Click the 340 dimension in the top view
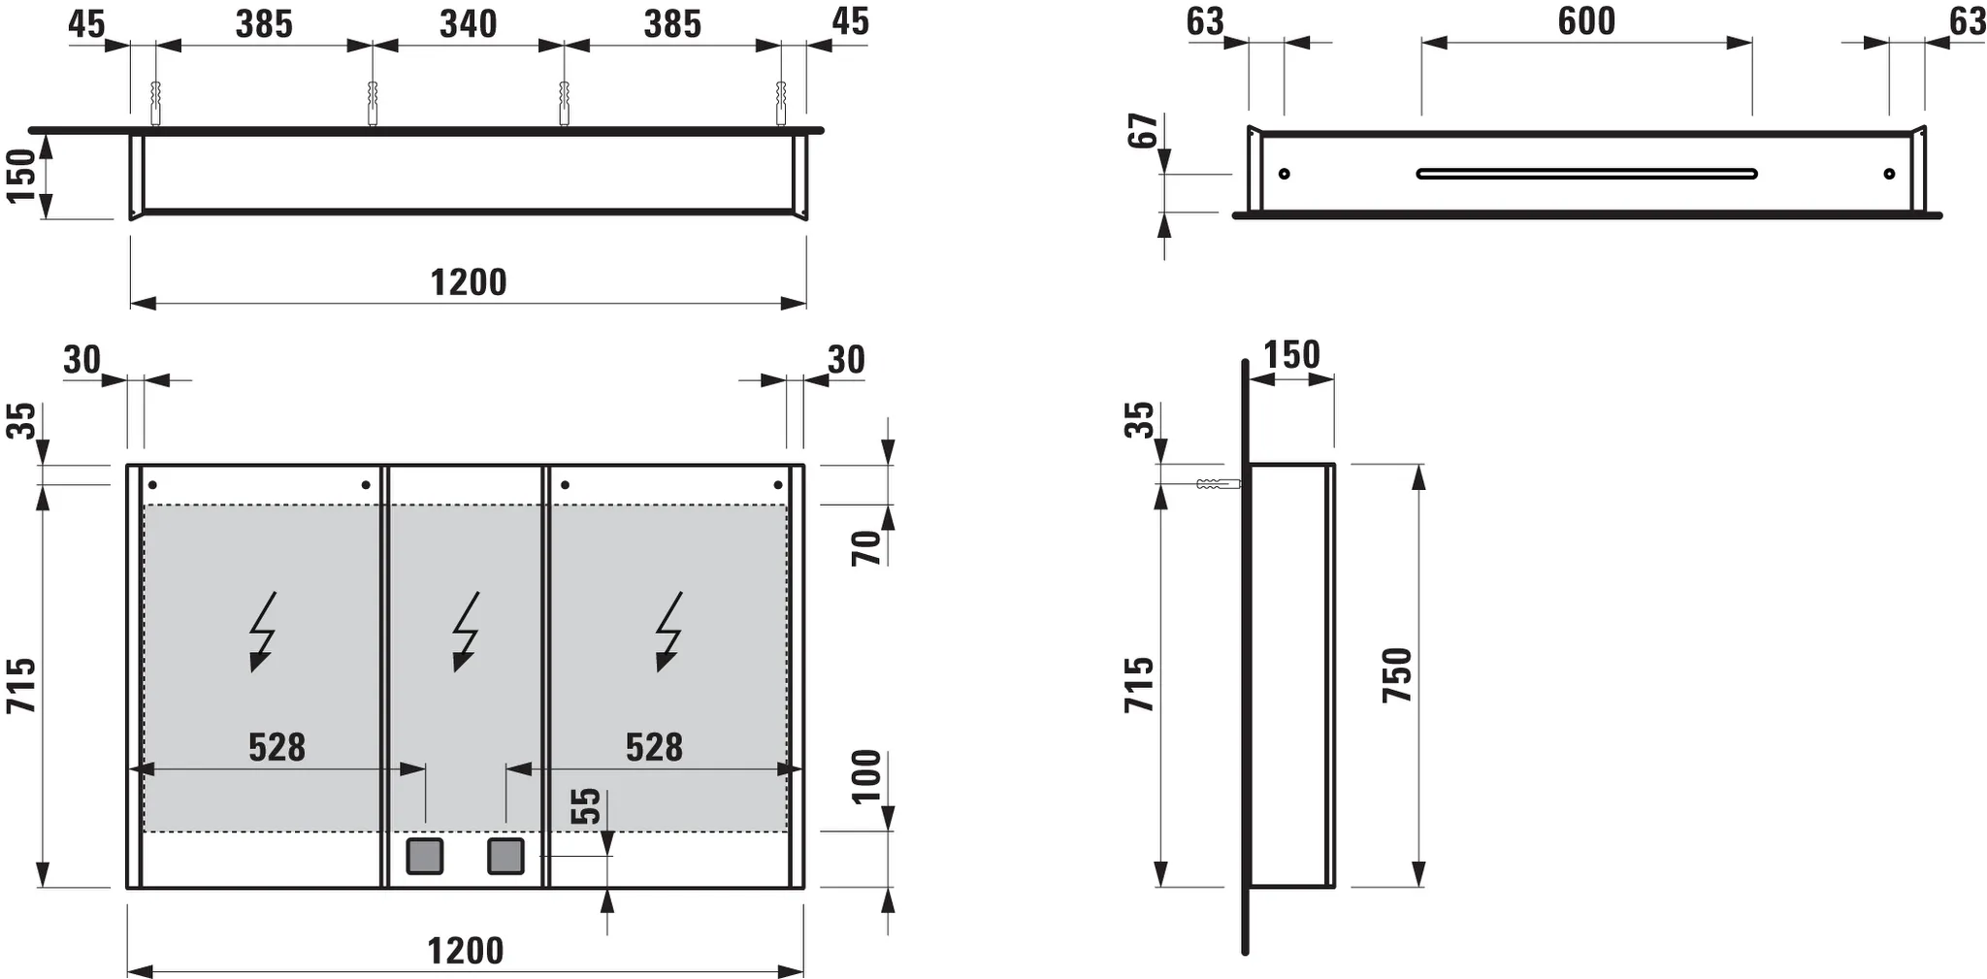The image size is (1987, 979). pyautogui.click(x=469, y=24)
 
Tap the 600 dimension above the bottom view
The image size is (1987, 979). pyautogui.click(x=1586, y=21)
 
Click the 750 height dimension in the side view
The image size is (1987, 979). pyautogui.click(x=1398, y=675)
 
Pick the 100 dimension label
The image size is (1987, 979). pyautogui.click(x=866, y=776)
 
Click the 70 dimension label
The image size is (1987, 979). pyautogui.click(x=866, y=548)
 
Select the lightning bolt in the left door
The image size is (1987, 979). pyautogui.click(x=262, y=632)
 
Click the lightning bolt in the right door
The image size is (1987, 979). pyautogui.click(x=668, y=632)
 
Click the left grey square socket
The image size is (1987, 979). pyautogui.click(x=425, y=856)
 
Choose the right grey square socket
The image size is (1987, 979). pyautogui.click(x=505, y=856)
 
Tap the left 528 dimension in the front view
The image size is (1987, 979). pyautogui.click(x=277, y=747)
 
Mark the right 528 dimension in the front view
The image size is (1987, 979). pyautogui.click(x=654, y=747)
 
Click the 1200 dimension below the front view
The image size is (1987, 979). pyautogui.click(x=466, y=951)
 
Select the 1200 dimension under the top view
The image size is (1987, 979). pyautogui.click(x=469, y=282)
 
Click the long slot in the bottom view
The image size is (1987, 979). pyautogui.click(x=1586, y=174)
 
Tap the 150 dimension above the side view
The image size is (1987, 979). pyautogui.click(x=1291, y=355)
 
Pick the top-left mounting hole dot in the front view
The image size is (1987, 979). pyautogui.click(x=152, y=484)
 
